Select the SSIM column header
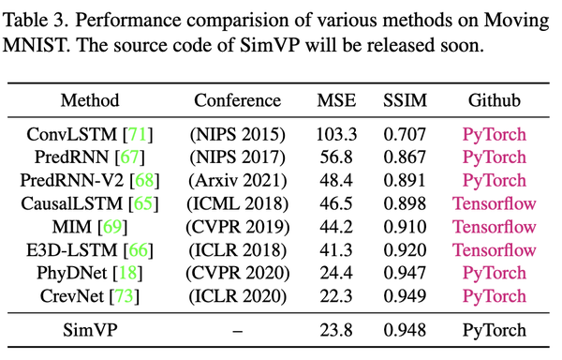tap(403, 100)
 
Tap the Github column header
tap(495, 100)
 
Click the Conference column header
tap(237, 100)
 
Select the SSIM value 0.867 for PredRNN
tap(403, 157)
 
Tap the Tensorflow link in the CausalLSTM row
tap(495, 202)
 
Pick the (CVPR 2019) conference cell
tap(237, 225)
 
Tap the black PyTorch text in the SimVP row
tap(495, 330)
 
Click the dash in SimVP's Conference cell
tap(237, 330)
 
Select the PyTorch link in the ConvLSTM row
tap(495, 134)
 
